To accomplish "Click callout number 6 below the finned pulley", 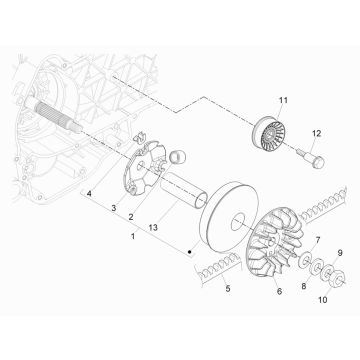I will click(278, 292).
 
